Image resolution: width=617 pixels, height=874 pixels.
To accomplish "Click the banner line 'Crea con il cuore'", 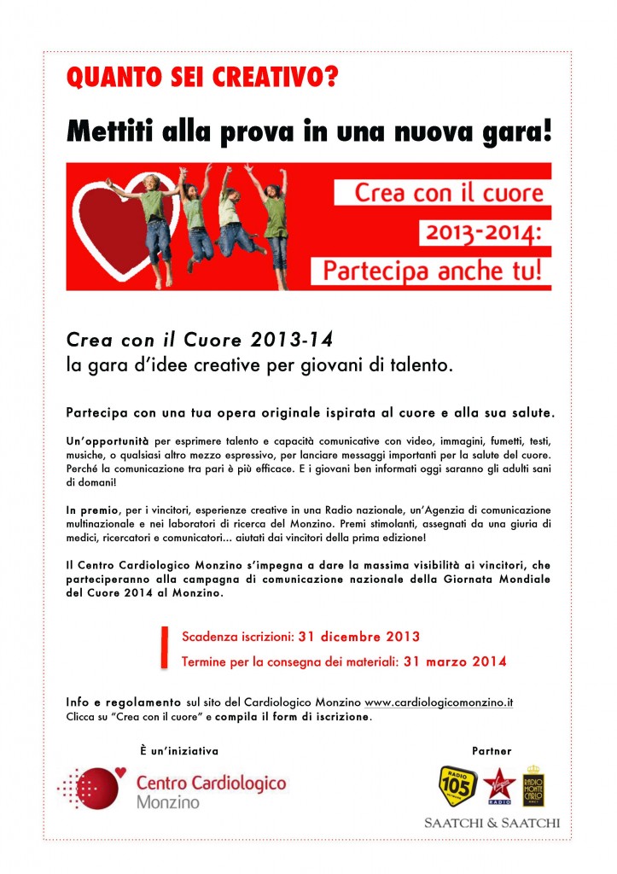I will coord(449,193).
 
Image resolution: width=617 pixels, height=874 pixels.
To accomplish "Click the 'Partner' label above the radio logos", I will coord(492,751).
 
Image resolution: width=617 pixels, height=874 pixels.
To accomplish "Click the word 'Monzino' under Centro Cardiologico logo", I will coord(166,802).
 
